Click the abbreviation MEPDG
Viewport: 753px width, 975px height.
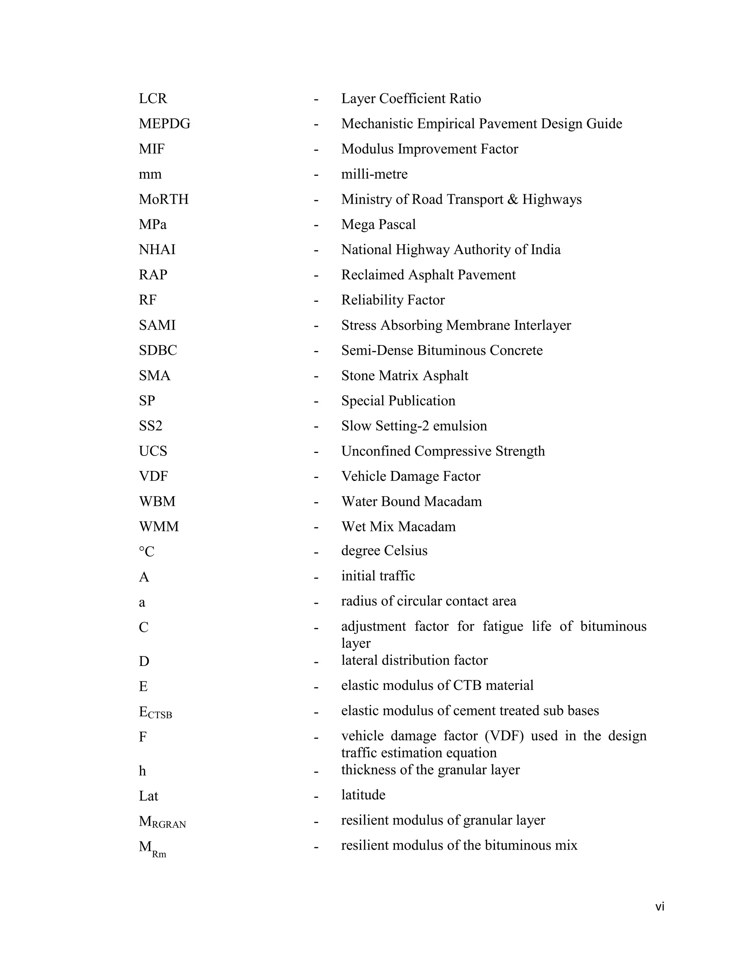click(164, 124)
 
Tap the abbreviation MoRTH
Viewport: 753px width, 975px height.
click(163, 199)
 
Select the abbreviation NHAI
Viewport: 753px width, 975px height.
click(157, 249)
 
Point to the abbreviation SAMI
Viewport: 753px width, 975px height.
click(157, 325)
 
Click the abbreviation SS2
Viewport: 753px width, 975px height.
click(150, 426)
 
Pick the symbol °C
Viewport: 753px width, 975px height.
click(146, 552)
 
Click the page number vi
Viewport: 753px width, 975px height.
click(660, 907)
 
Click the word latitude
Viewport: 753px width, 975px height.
click(363, 795)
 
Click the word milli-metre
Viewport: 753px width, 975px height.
click(374, 174)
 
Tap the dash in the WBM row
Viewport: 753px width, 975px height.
click(316, 502)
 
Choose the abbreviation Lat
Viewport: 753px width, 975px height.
click(148, 796)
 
